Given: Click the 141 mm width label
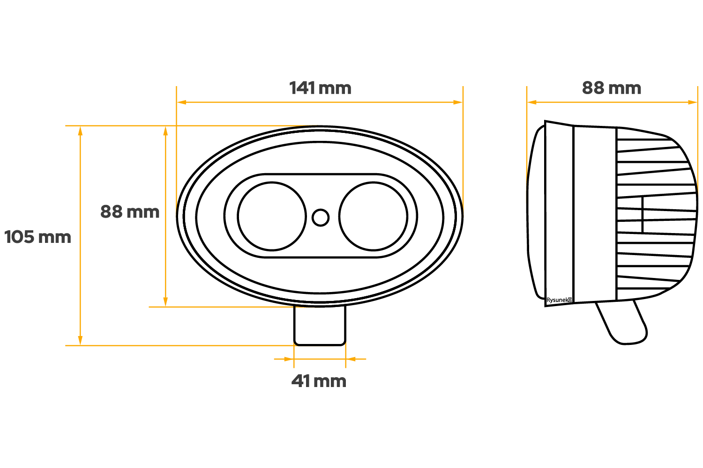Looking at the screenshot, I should point(320,88).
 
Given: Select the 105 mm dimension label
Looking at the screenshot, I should point(37,237).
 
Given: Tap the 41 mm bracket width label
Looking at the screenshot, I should point(319,381).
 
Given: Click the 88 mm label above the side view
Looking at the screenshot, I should point(612,88).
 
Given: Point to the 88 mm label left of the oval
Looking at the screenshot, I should point(130,212).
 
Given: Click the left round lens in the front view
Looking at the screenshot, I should point(272,216).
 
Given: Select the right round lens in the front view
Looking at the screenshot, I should point(373,216).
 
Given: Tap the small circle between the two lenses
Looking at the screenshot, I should point(321,217).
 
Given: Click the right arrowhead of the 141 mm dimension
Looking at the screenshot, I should point(458,102).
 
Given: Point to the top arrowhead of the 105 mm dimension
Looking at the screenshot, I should point(81,130).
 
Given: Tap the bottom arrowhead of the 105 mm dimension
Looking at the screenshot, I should point(81,341).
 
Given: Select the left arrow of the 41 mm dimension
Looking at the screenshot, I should point(288,359).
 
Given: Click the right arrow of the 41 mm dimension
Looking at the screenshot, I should point(351,359).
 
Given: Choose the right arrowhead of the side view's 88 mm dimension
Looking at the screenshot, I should point(693,102).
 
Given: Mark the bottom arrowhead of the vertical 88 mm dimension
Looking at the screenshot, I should point(165,302).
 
